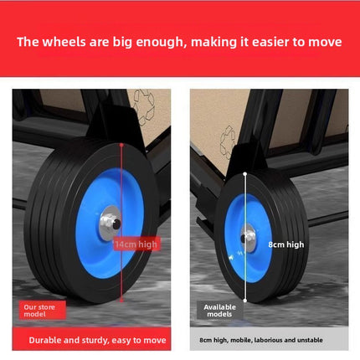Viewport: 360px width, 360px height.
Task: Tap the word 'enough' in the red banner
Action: point(161,43)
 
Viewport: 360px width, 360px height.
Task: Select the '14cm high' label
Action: point(136,244)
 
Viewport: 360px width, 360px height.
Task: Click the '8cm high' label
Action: point(286,244)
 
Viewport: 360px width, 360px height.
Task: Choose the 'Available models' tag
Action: point(219,311)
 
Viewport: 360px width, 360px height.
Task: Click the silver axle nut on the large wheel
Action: point(111,223)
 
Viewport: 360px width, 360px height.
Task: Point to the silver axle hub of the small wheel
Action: point(248,238)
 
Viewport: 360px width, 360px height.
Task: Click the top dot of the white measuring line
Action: point(244,174)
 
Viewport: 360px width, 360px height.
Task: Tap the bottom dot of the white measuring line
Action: point(244,301)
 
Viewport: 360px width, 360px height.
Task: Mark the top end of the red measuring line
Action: point(121,145)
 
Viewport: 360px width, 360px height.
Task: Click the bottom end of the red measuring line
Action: point(121,301)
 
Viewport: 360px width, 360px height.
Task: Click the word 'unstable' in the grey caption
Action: point(310,340)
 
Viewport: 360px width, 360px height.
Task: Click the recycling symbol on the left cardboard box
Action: point(144,107)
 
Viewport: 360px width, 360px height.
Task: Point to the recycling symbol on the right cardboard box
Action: point(228,141)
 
